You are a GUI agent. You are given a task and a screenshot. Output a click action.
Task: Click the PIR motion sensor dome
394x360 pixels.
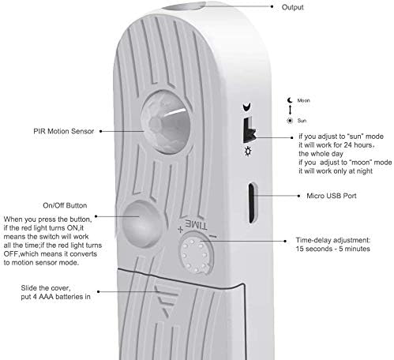point(166,122)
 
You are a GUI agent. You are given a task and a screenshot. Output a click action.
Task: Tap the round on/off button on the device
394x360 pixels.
point(142,223)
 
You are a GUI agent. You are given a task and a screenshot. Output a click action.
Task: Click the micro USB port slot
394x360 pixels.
point(252,203)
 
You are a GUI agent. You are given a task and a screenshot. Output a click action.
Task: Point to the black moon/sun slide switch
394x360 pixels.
point(249,130)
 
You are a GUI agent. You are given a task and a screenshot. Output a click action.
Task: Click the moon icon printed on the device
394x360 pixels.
point(247,107)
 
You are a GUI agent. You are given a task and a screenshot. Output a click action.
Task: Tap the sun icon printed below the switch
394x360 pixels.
point(248,152)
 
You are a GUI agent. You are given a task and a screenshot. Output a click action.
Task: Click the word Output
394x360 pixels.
point(292,7)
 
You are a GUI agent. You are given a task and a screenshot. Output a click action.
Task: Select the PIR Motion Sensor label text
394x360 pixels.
point(63,131)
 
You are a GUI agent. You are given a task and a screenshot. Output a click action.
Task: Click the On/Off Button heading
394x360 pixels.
point(65,205)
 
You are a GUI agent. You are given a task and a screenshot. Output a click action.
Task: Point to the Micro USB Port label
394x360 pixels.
point(332,196)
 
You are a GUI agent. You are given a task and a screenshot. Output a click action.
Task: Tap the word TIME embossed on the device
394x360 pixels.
point(197,224)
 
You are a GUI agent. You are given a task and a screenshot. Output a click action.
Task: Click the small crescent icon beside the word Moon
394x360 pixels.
point(290,100)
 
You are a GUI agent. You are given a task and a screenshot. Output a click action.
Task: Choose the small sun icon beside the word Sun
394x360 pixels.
point(290,121)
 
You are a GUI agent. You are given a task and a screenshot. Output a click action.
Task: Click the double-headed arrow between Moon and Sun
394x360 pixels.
point(290,110)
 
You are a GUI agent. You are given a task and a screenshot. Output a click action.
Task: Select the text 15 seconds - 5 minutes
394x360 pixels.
point(332,249)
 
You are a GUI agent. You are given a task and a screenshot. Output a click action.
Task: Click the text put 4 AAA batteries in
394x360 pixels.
point(55,297)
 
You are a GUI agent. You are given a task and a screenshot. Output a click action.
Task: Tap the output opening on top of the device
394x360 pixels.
point(184,6)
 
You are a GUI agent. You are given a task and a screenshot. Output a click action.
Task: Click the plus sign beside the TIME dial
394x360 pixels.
point(180,230)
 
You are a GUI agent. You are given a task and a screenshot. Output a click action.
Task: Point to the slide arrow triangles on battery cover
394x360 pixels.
point(165,300)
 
